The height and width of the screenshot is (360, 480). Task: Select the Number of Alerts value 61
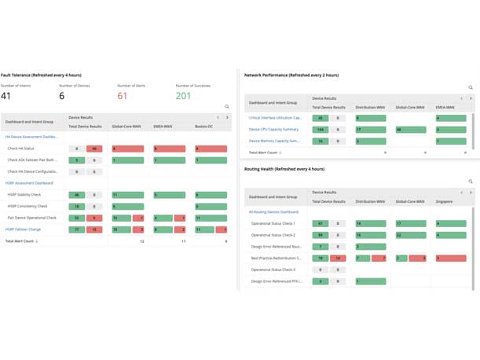122,96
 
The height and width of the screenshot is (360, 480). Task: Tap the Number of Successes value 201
183,96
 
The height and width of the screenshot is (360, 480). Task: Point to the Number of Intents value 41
6,96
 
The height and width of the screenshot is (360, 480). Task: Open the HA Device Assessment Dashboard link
31,137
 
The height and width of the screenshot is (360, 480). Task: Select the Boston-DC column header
204,126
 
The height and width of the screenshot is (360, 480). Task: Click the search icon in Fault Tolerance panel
227,106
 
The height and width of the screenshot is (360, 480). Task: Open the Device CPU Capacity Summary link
273,129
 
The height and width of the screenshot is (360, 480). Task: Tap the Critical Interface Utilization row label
275,117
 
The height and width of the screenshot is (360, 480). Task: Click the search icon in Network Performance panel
471,88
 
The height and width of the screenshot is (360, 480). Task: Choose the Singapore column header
445,201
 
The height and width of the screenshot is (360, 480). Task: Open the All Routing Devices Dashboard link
273,212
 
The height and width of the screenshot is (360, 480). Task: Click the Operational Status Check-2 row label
273,234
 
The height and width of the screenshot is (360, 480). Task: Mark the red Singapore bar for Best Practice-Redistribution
450,258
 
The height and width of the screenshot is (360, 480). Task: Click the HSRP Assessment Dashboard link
29,182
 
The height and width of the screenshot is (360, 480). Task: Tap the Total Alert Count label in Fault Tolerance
21,241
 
